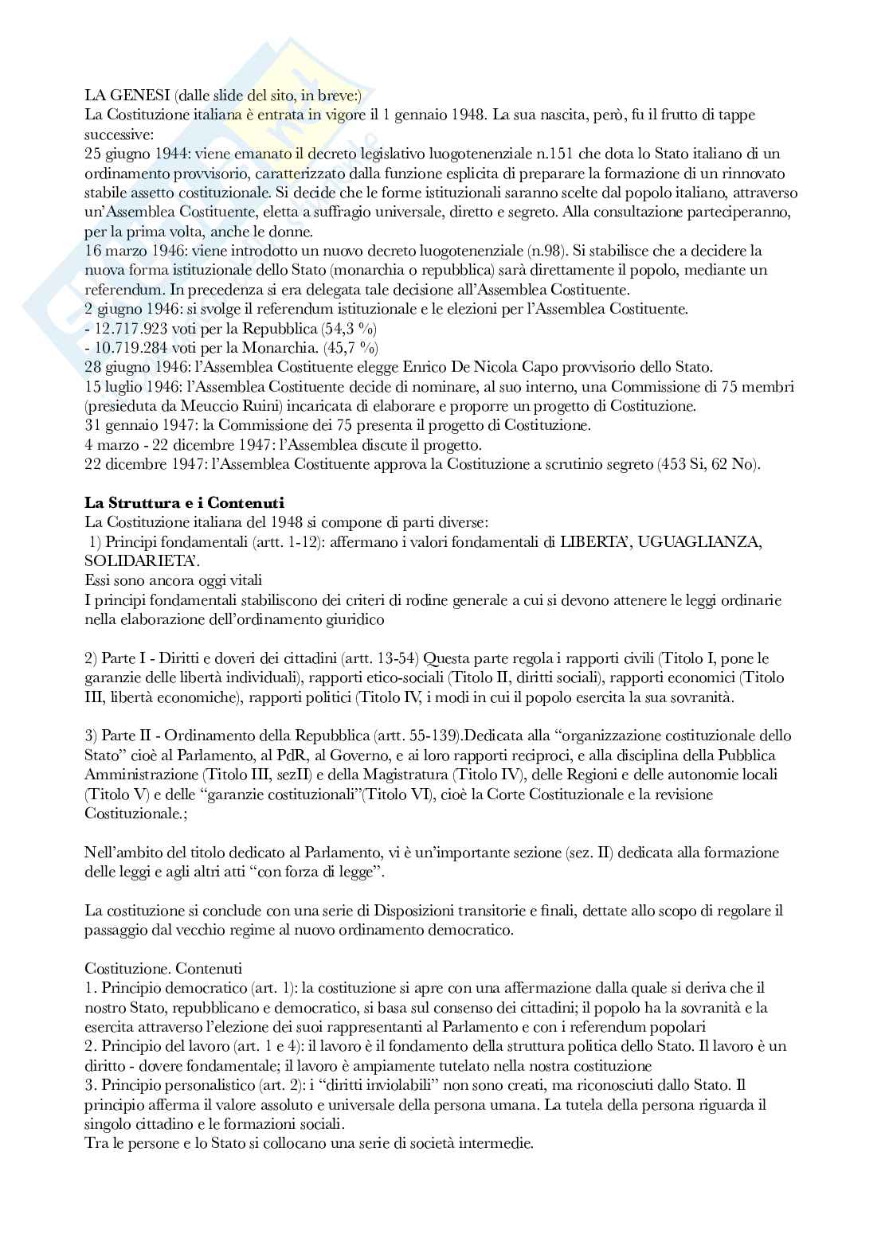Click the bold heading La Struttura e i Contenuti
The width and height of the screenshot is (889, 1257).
click(x=184, y=503)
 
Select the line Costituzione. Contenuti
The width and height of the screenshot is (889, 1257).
click(x=163, y=968)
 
